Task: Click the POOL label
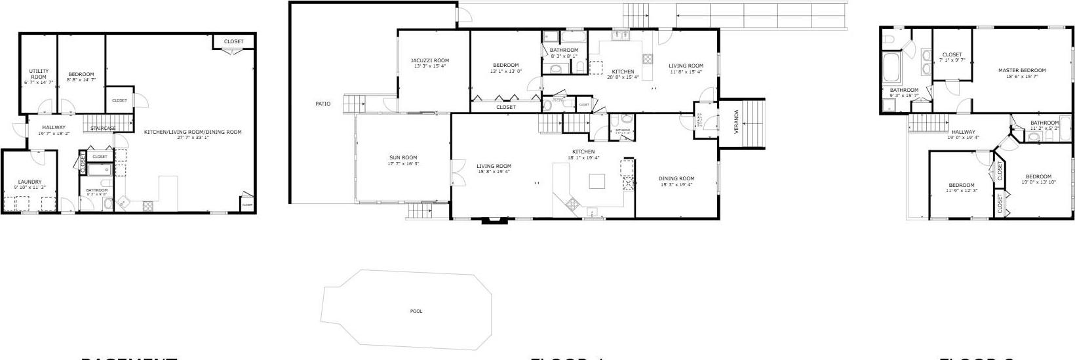coord(416,311)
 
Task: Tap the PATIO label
coord(322,104)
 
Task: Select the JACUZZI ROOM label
coord(430,60)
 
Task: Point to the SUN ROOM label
coord(403,157)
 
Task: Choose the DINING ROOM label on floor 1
coord(676,178)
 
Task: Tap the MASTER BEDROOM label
coord(1022,70)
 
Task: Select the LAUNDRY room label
coord(29,182)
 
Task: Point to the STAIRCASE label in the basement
coord(103,128)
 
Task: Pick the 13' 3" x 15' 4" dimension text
coord(430,66)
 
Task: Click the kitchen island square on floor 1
coord(597,180)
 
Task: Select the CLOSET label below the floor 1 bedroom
coord(505,107)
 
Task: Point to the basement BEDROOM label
coord(81,74)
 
